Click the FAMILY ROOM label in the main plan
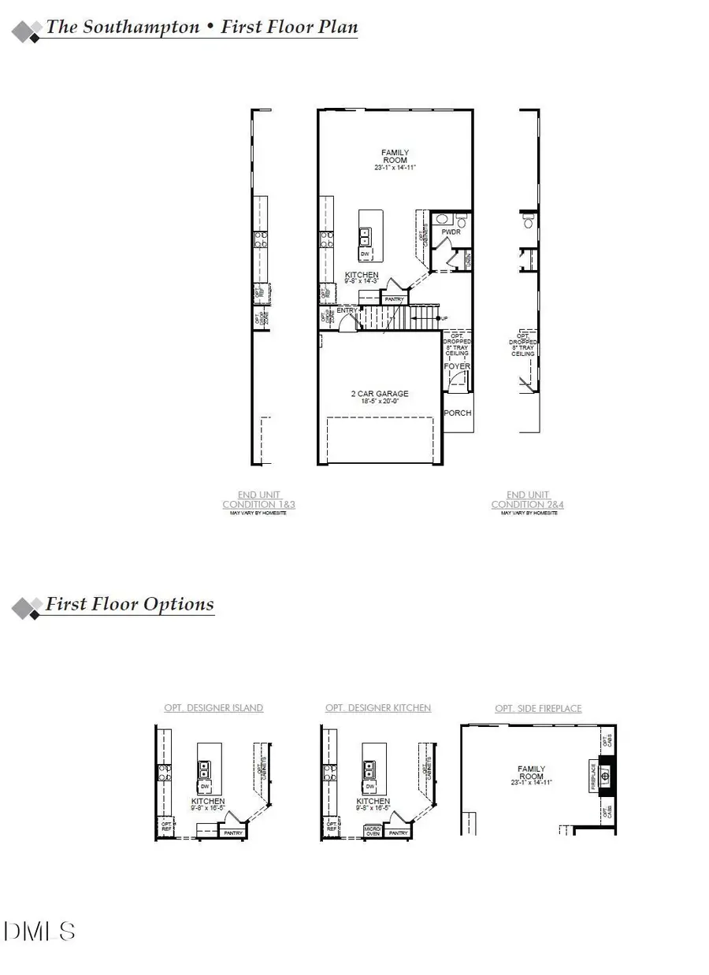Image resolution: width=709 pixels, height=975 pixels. pyautogui.click(x=395, y=157)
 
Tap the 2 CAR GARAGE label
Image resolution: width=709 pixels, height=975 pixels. pyautogui.click(x=380, y=394)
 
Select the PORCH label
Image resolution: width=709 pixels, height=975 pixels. pyautogui.click(x=458, y=413)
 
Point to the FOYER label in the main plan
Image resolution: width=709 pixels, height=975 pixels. pyautogui.click(x=458, y=366)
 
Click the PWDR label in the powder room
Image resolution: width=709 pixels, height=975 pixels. pyautogui.click(x=451, y=233)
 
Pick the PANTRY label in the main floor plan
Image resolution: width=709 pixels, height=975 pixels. pyautogui.click(x=395, y=299)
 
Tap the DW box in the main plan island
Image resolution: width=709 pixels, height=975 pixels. pyautogui.click(x=365, y=254)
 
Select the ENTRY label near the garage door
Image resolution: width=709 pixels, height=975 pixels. pyautogui.click(x=347, y=311)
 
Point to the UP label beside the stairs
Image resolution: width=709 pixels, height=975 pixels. pyautogui.click(x=445, y=317)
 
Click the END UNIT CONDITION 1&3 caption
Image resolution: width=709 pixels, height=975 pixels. pyautogui.click(x=258, y=499)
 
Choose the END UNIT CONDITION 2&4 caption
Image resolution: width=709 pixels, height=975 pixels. pyautogui.click(x=528, y=499)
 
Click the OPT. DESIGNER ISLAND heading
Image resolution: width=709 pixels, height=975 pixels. pyautogui.click(x=213, y=708)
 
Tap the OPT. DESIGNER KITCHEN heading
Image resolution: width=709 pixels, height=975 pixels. pyautogui.click(x=378, y=708)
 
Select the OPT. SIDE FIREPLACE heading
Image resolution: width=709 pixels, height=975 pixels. pyautogui.click(x=539, y=708)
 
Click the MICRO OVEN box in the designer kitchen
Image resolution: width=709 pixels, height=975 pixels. pyautogui.click(x=373, y=831)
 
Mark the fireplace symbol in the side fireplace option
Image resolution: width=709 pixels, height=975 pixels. pyautogui.click(x=606, y=774)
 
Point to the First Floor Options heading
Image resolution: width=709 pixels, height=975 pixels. pyautogui.click(x=129, y=604)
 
